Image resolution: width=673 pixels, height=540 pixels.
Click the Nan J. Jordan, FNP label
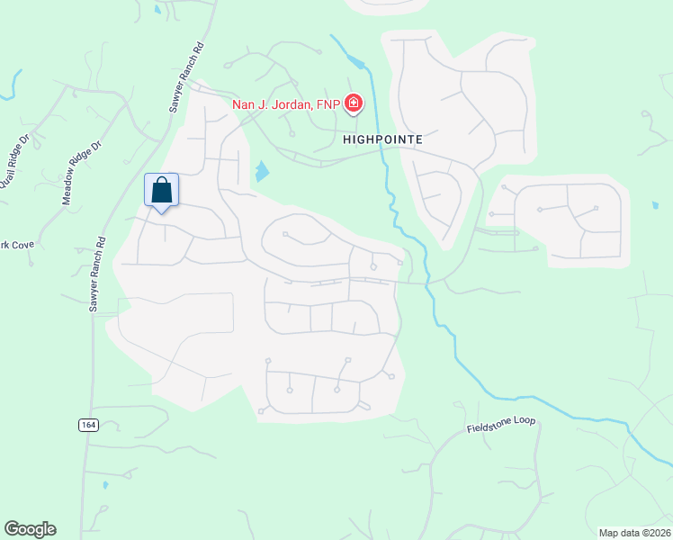[x=286, y=104]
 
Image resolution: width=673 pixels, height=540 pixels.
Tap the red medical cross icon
[x=354, y=104]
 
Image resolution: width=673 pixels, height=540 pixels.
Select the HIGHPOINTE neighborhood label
[x=382, y=140]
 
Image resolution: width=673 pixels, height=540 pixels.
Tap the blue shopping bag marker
[x=162, y=192]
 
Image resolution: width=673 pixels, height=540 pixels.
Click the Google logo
[x=30, y=529]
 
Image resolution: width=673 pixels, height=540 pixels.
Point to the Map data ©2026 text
[x=634, y=533]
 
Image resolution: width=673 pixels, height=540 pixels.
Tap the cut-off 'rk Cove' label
[x=16, y=245]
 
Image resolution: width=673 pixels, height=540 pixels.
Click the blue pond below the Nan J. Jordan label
[x=261, y=170]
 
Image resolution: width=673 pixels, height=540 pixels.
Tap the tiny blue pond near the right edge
[x=654, y=205]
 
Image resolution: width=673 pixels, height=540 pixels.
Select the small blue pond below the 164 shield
[x=105, y=484]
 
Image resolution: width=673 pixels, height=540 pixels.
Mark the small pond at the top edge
[x=157, y=10]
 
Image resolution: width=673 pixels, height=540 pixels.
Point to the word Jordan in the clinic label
[x=293, y=104]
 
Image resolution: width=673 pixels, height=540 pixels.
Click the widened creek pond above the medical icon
[x=357, y=62]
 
